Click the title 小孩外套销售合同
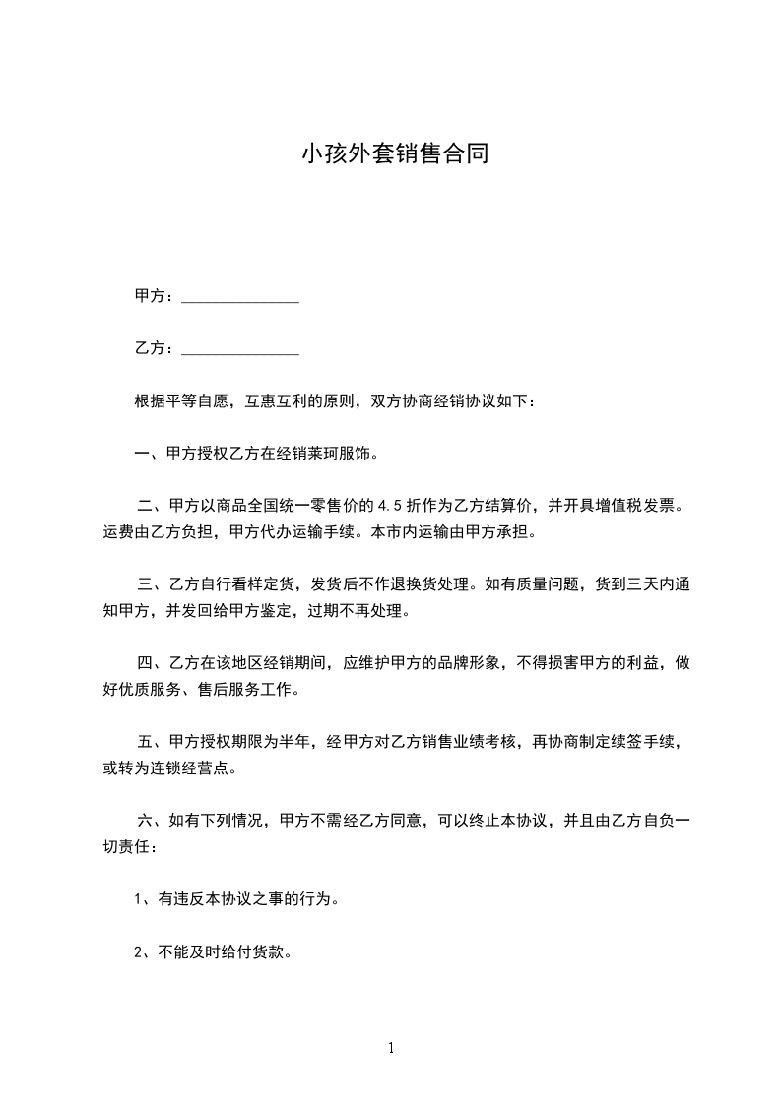pyautogui.click(x=394, y=155)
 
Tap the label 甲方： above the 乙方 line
pyautogui.click(x=155, y=296)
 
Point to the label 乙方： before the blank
pyautogui.click(x=155, y=349)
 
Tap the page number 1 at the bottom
pyautogui.click(x=391, y=1048)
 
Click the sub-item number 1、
pyautogui.click(x=143, y=899)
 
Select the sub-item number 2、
pyautogui.click(x=143, y=952)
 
